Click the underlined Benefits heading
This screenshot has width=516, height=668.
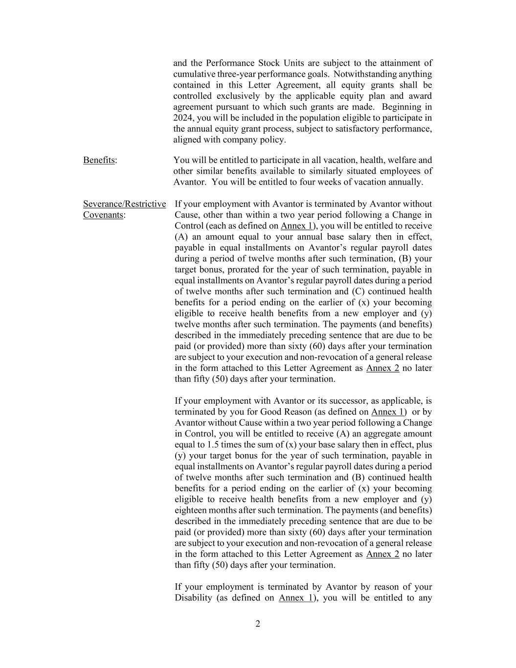tap(99, 160)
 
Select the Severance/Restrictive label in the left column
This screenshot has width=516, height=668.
tap(124, 204)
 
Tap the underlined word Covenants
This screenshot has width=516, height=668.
tap(103, 215)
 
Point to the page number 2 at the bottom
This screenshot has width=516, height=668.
tap(258, 623)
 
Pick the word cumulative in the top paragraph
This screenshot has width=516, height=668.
tap(193, 74)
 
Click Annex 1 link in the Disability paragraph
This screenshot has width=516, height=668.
tap(295, 598)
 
